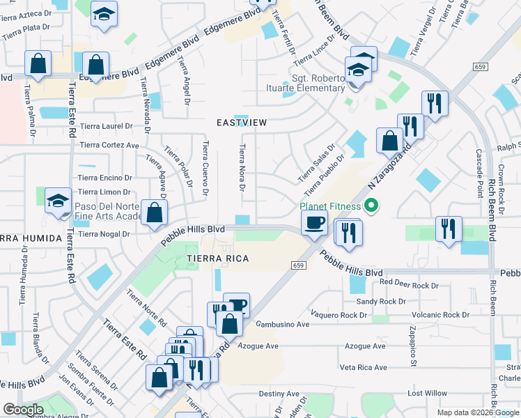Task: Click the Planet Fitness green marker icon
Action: pyautogui.click(x=371, y=206)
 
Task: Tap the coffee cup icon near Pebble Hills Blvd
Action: pyautogui.click(x=313, y=223)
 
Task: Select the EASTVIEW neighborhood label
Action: pyautogui.click(x=242, y=123)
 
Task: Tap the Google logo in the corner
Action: pyautogui.click(x=24, y=410)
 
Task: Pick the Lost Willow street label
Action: pyautogui.click(x=427, y=394)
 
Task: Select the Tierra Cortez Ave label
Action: pyautogui.click(x=109, y=145)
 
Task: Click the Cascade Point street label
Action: pyautogui.click(x=479, y=173)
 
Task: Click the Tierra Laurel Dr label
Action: pyautogui.click(x=106, y=126)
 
